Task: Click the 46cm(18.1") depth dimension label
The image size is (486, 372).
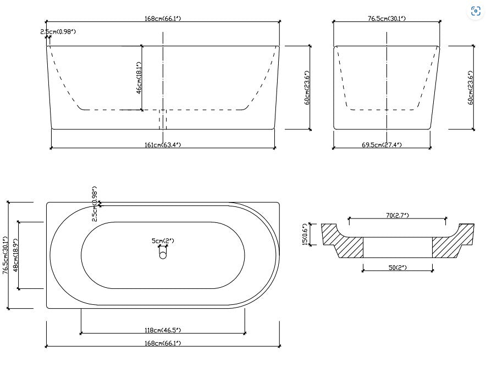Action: pos(139,78)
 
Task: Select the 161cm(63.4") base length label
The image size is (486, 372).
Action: pos(162,145)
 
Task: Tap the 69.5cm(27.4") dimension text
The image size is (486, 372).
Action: pos(382,145)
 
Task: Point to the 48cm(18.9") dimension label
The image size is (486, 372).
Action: pos(16,255)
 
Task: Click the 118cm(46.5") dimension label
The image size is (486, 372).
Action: pos(162,330)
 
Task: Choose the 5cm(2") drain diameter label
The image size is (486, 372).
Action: pos(163,240)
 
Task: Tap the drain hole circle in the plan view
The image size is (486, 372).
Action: pos(163,255)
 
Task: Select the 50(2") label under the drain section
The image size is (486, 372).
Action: pos(397,267)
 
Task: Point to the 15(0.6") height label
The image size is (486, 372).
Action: pos(306,234)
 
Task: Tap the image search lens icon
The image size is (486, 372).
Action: pos(476,12)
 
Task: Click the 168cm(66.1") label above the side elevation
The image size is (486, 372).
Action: pos(162,18)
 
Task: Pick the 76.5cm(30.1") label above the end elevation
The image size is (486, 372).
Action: pos(386,18)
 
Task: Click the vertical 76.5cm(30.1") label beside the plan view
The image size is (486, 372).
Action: pos(5,255)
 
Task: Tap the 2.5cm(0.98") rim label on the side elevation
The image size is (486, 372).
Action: pos(58,32)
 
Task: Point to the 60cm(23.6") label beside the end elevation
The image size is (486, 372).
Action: pos(471,87)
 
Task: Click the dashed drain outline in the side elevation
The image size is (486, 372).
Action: pos(163,119)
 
